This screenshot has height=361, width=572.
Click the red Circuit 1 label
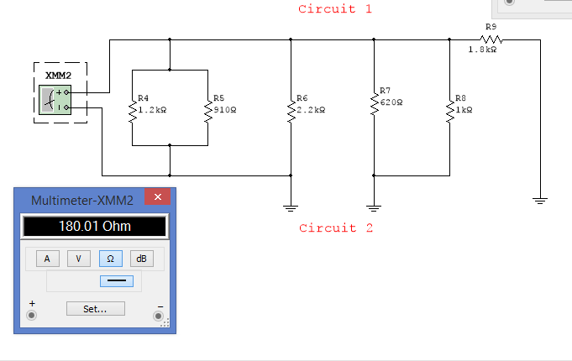point(334,9)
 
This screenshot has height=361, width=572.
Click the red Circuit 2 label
point(336,228)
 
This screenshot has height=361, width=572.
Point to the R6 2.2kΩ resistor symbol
point(290,110)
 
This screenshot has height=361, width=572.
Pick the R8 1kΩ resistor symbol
point(449,110)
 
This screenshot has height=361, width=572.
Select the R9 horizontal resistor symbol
point(491,39)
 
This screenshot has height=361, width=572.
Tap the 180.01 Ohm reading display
point(94,226)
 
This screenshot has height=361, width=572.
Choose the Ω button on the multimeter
point(110,259)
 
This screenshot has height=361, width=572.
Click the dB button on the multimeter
point(142,259)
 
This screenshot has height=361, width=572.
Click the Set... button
point(95,308)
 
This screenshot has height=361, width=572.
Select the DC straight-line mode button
point(116,280)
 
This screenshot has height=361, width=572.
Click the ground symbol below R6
point(290,205)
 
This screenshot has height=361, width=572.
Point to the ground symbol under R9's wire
point(539,200)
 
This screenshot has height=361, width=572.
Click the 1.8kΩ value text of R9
point(482,50)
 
